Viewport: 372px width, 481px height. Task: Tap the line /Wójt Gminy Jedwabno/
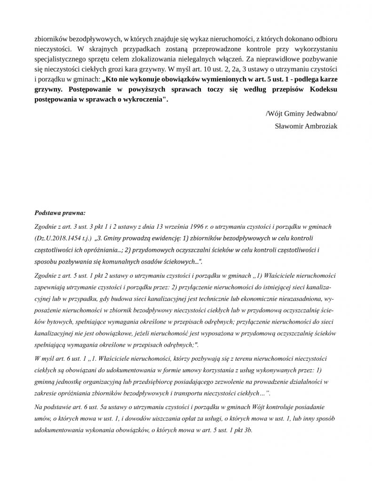point(301,114)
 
